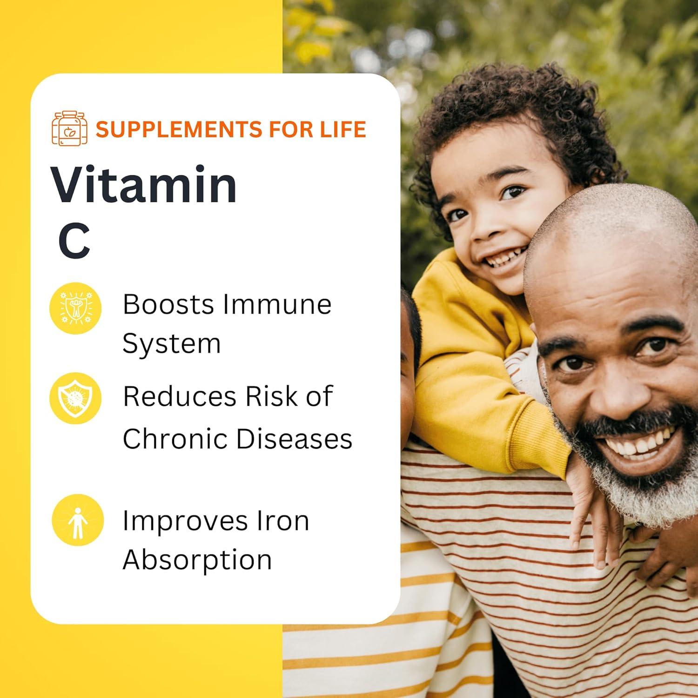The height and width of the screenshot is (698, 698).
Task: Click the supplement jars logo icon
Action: [x=69, y=128]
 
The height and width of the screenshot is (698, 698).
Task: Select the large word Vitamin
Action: [x=144, y=185]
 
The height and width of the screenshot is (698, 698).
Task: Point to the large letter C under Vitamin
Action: [x=74, y=241]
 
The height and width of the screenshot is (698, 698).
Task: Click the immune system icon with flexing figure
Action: [x=75, y=308]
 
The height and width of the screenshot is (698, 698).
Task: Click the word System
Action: [x=171, y=344]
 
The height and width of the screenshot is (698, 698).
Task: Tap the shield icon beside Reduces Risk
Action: [x=75, y=398]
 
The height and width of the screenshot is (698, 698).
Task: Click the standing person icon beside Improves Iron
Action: [x=77, y=520]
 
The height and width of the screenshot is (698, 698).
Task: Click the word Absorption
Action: [x=197, y=560]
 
